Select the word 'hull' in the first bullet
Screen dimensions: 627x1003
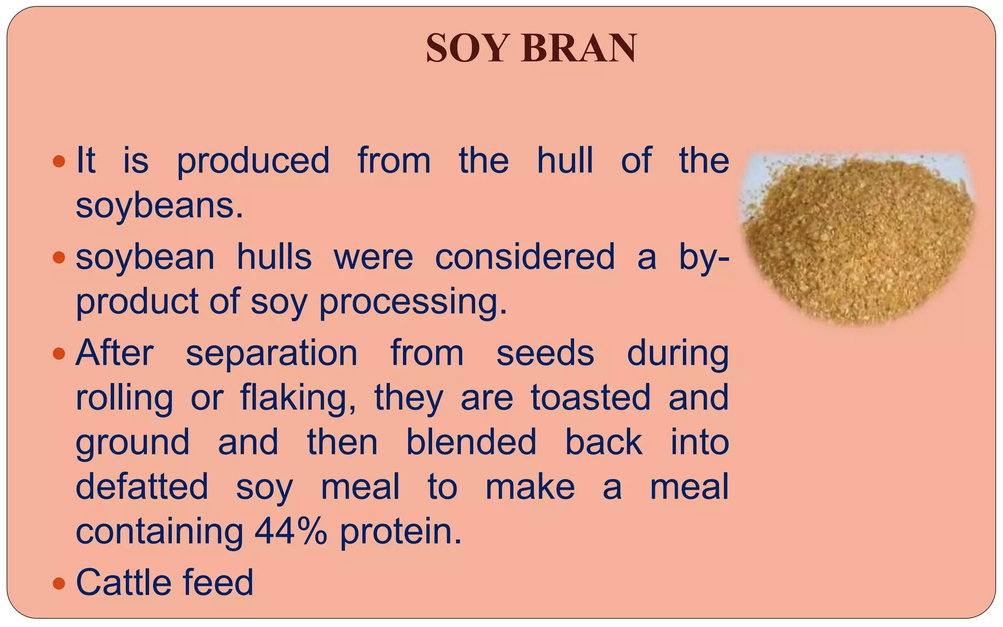(x=565, y=160)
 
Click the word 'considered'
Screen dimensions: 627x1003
(x=525, y=257)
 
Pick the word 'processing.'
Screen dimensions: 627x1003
(x=413, y=302)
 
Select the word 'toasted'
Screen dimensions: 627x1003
(x=591, y=397)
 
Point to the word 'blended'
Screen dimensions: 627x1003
(x=471, y=442)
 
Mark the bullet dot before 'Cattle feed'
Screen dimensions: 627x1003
(x=59, y=583)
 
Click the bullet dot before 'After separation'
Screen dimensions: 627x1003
(x=59, y=353)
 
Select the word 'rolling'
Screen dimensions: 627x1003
(x=124, y=398)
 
